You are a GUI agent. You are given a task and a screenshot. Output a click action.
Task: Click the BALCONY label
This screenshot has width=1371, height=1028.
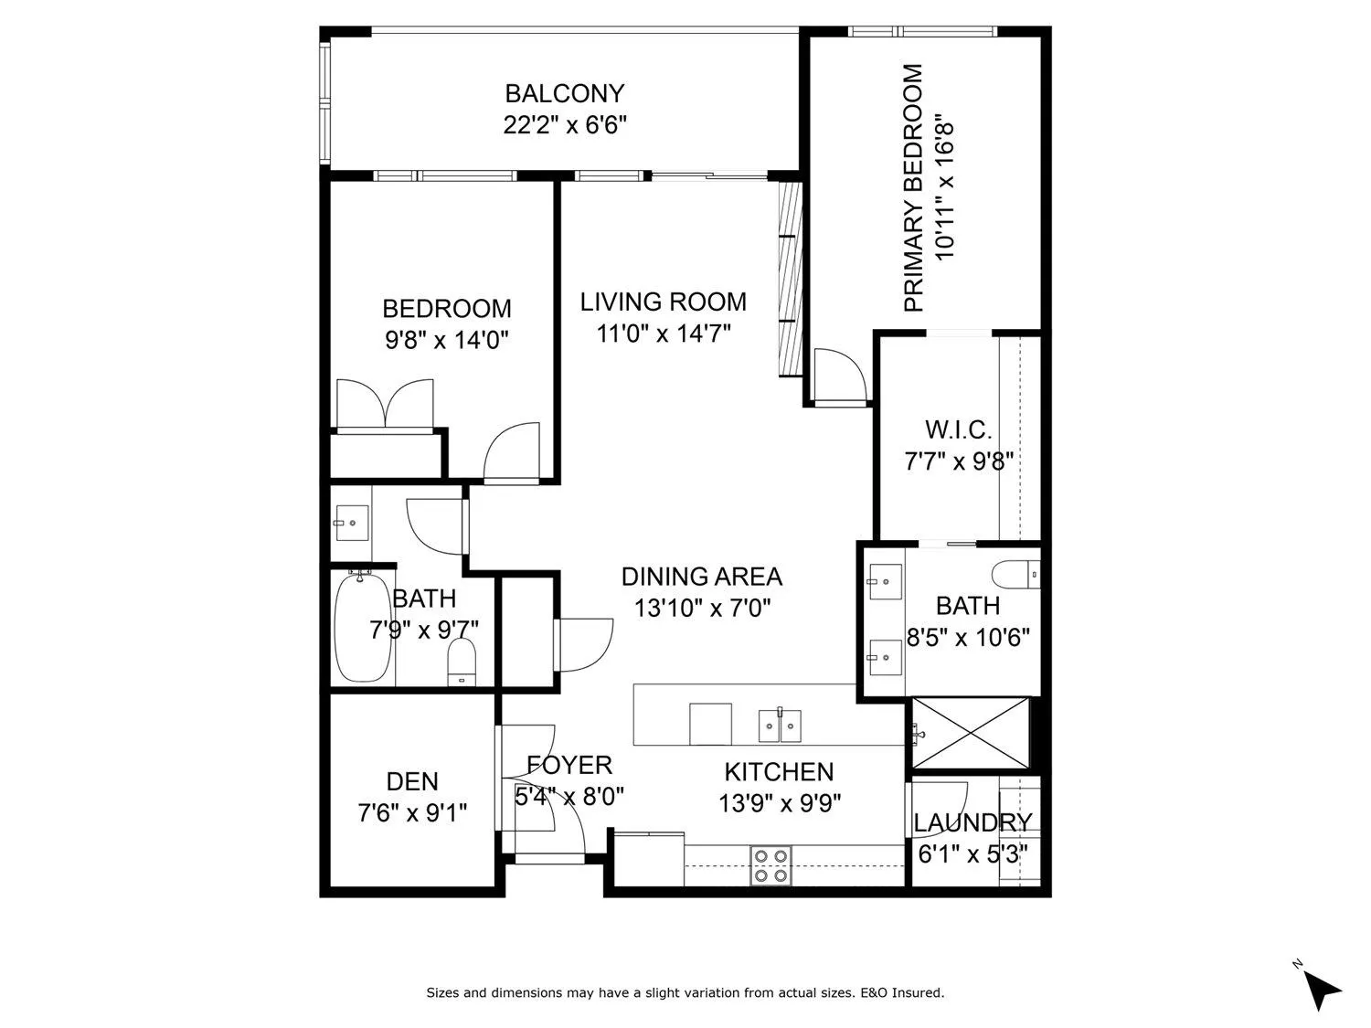[564, 93]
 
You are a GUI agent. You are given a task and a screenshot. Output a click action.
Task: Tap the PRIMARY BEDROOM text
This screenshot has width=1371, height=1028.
[913, 187]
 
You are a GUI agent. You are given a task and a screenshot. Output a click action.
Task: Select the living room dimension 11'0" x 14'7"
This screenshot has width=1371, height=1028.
[664, 334]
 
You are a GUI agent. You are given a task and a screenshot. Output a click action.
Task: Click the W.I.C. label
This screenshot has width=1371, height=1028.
[958, 429]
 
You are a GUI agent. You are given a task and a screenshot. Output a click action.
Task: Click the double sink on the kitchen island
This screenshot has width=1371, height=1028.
[780, 726]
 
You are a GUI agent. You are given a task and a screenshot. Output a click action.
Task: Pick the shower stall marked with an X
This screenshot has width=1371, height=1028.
[971, 734]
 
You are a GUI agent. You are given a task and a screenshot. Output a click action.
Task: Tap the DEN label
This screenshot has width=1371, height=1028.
[412, 781]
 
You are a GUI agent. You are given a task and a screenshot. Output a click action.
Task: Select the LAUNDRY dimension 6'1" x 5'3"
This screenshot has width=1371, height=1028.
[972, 853]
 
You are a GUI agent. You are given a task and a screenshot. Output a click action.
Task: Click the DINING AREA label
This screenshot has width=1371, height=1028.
[701, 577]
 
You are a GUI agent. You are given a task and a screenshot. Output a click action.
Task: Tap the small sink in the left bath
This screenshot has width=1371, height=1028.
[351, 524]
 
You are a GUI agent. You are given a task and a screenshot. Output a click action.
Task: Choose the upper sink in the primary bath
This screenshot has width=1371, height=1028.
[884, 579]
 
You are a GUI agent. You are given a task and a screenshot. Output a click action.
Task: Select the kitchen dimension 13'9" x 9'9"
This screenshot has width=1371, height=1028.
[780, 803]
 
